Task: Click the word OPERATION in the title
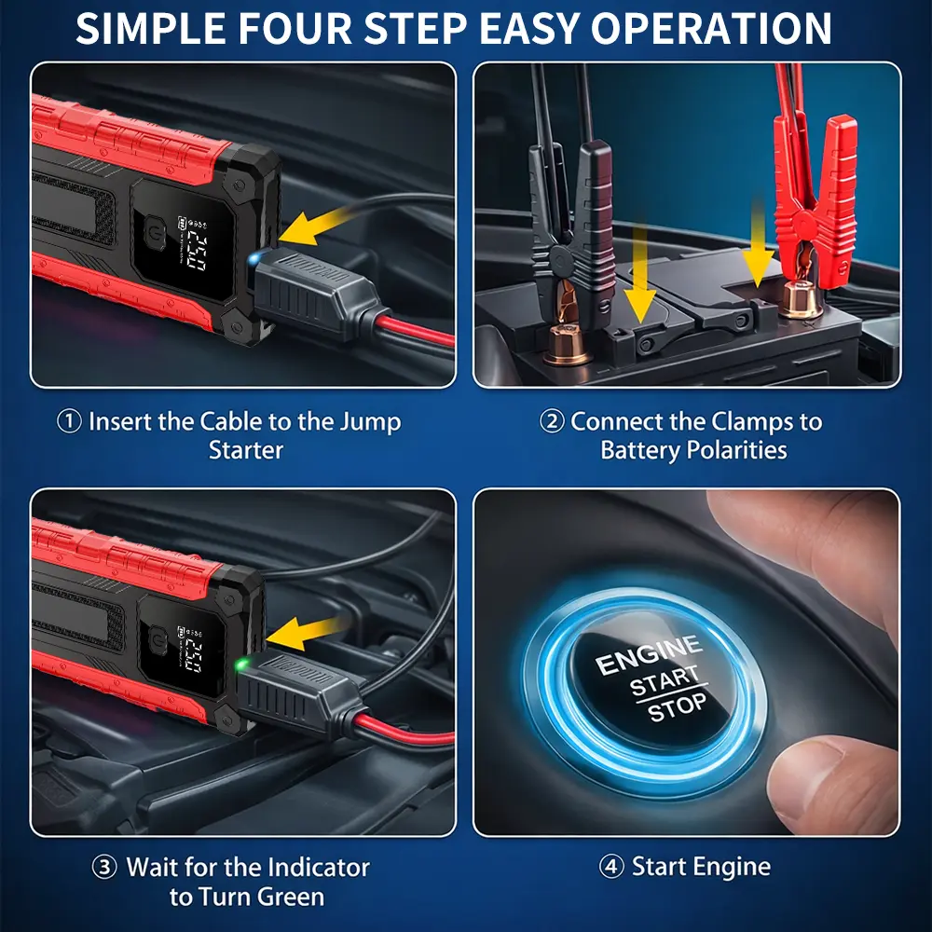[711, 28]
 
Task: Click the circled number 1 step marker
[69, 422]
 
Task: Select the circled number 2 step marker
[552, 422]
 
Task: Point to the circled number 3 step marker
[104, 867]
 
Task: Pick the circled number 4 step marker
[611, 867]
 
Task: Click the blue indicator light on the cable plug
[254, 258]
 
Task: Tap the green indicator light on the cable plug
[241, 664]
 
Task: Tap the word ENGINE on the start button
[649, 654]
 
